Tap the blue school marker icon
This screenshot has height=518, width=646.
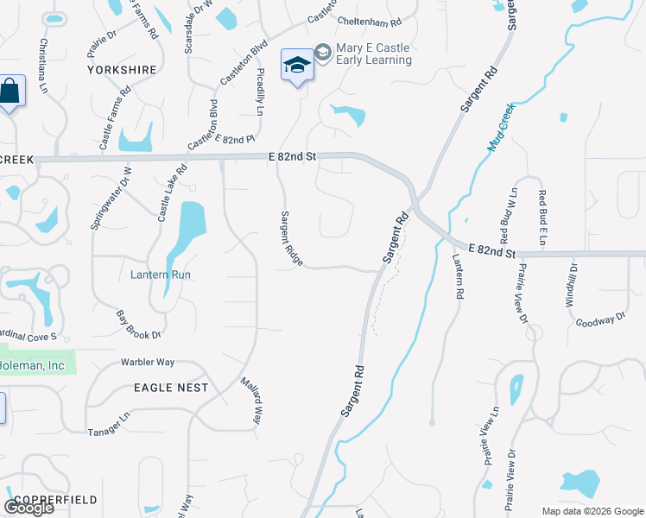click(297, 66)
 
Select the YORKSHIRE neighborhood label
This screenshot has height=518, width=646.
click(121, 69)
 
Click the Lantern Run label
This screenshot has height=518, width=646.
click(160, 275)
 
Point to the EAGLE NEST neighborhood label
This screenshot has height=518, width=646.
click(171, 388)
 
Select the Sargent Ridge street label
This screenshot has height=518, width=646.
click(289, 238)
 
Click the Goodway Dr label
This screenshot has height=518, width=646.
click(600, 320)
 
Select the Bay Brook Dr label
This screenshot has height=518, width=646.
click(139, 323)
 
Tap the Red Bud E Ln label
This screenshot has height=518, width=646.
click(542, 215)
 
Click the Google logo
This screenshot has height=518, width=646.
click(28, 508)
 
